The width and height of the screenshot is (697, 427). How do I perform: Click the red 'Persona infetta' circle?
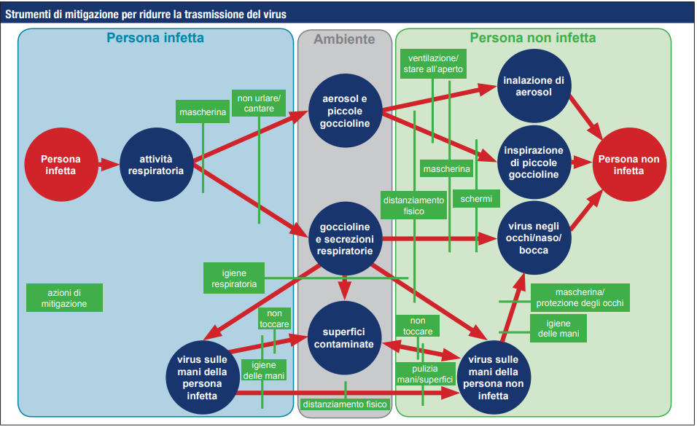pyautogui.click(x=61, y=165)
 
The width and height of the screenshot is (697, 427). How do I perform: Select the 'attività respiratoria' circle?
pyautogui.click(x=155, y=165)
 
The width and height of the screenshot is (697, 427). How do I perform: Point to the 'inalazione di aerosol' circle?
pyautogui.click(x=534, y=86)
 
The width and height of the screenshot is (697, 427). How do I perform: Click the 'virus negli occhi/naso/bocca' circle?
pyautogui.click(x=534, y=238)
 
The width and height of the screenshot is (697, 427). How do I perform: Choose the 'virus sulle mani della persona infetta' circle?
pyautogui.click(x=202, y=377)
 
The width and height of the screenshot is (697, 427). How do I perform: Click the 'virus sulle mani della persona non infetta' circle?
pyautogui.click(x=494, y=377)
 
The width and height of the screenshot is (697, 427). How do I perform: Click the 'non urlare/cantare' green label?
pyautogui.click(x=260, y=103)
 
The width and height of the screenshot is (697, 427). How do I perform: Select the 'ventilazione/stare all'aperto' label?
pyautogui.click(x=432, y=63)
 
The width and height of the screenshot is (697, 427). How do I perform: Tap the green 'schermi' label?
pyautogui.click(x=476, y=198)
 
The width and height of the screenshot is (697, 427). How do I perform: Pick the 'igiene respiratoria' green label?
pyautogui.click(x=234, y=278)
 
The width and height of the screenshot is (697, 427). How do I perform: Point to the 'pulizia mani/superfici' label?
pyautogui.click(x=424, y=375)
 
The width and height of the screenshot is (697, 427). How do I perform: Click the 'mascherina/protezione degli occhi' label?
pyautogui.click(x=580, y=297)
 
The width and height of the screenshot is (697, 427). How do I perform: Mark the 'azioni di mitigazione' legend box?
pyautogui.click(x=64, y=298)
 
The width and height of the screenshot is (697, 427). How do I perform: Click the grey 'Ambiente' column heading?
pyautogui.click(x=344, y=39)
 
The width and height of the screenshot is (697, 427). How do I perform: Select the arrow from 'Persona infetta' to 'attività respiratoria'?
pyautogui.click(x=106, y=165)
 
